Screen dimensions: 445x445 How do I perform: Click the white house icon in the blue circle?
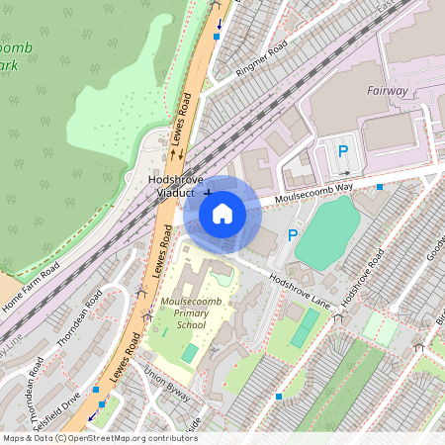(x=222, y=213)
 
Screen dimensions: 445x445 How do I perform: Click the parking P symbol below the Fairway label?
(x=343, y=151)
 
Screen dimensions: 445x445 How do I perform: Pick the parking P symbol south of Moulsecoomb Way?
(x=292, y=235)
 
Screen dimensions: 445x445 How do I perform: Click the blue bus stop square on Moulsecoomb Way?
(x=380, y=186)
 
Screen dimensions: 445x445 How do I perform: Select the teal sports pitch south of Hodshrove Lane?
(x=305, y=327)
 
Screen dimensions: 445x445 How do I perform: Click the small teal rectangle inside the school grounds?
(x=190, y=353)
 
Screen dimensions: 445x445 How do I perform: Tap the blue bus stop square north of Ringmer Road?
(x=217, y=37)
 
